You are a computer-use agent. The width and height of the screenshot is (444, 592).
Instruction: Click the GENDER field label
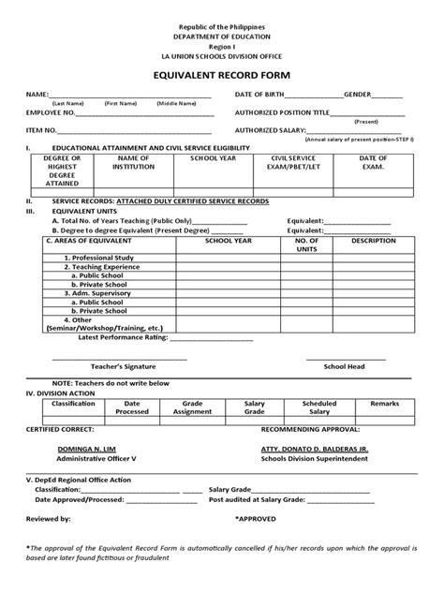pyautogui.click(x=359, y=95)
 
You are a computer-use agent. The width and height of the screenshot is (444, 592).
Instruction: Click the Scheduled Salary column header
pyautogui.click(x=319, y=407)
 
